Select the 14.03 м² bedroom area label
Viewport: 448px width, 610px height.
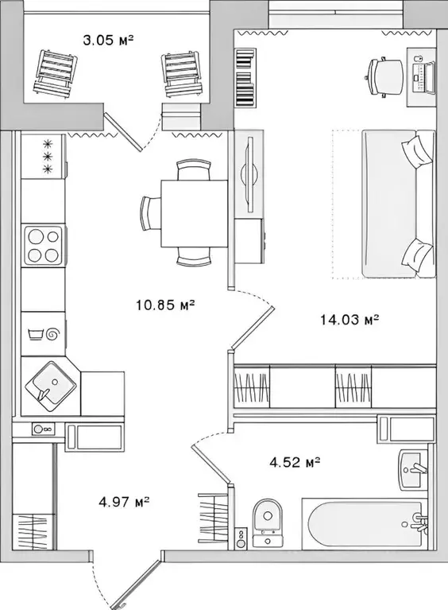click(349, 321)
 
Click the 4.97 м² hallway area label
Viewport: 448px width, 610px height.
click(125, 502)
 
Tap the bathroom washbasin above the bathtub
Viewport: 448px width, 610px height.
click(414, 472)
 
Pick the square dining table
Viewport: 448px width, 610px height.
click(194, 213)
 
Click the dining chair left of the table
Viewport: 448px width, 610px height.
click(150, 213)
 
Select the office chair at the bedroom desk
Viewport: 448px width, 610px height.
click(384, 76)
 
